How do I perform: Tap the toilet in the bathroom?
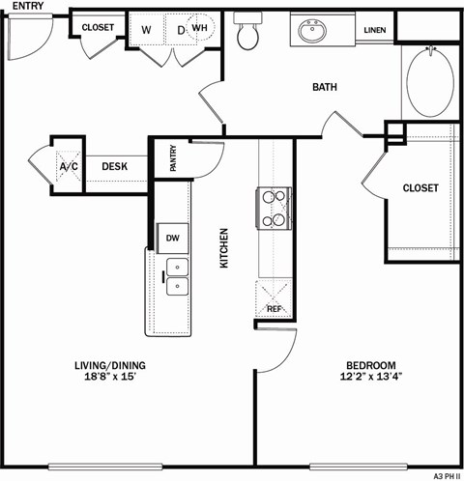(248, 35)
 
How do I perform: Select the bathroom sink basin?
(312, 32)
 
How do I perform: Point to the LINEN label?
(375, 31)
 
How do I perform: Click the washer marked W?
(147, 30)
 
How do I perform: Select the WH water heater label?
(199, 29)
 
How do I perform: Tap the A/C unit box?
(69, 166)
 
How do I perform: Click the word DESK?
(115, 166)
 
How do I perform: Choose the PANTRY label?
(173, 158)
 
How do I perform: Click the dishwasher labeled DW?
(172, 237)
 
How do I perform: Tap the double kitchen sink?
(176, 276)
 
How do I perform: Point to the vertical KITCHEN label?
(224, 247)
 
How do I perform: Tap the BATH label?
(324, 88)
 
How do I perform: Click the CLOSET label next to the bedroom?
(420, 187)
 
